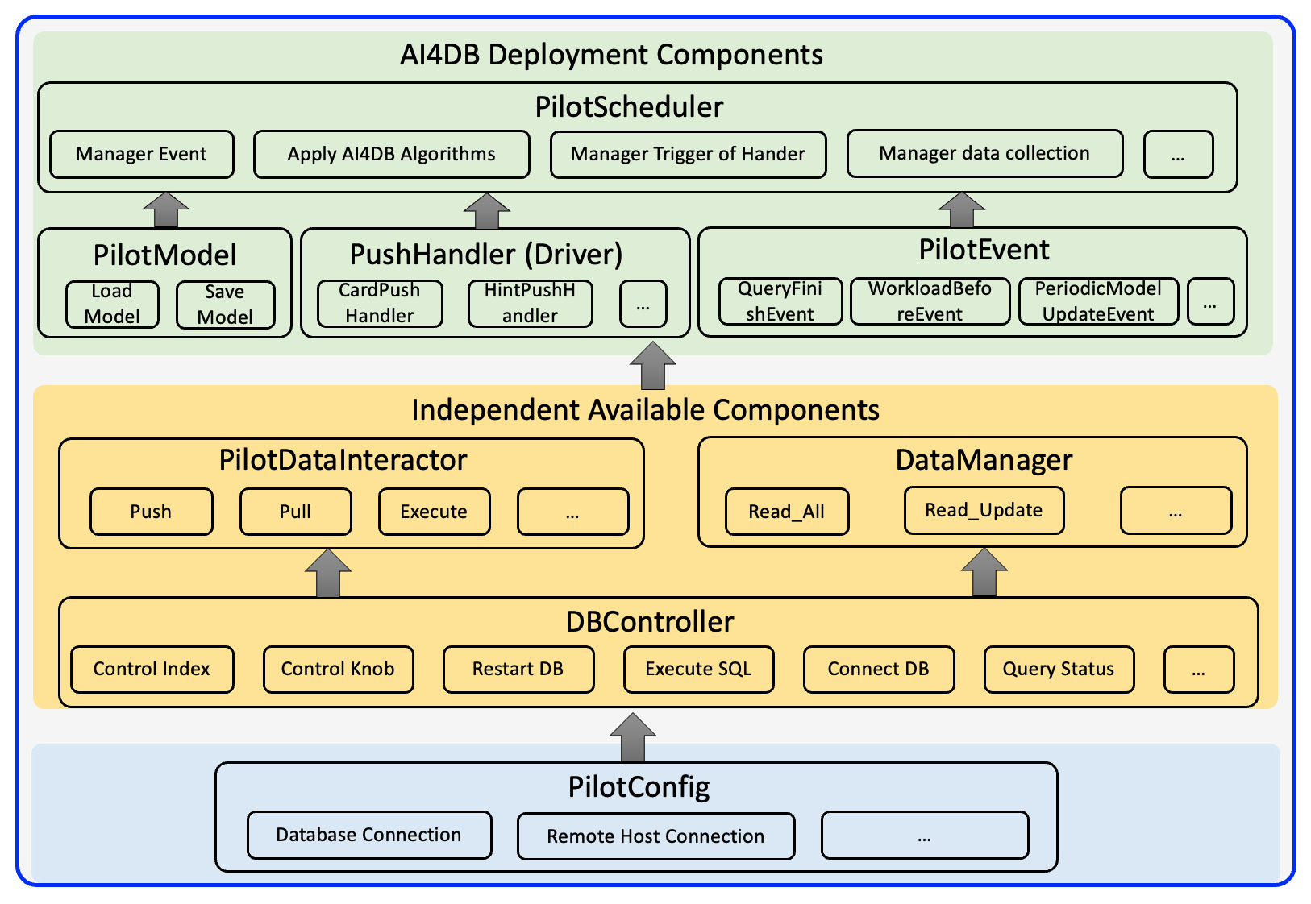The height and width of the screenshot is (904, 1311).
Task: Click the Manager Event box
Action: click(142, 154)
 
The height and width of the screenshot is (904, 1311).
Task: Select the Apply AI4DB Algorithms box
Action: click(392, 154)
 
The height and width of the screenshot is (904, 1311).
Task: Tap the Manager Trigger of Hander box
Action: click(689, 154)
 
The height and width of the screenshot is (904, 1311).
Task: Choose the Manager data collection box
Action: click(985, 153)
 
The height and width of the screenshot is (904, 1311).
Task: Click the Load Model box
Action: click(112, 304)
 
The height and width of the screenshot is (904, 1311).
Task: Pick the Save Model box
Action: click(225, 305)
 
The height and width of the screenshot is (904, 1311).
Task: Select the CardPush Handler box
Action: click(380, 304)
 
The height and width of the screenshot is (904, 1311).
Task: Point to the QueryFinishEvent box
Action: click(780, 301)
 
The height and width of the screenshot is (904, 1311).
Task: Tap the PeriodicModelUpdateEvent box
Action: click(1099, 301)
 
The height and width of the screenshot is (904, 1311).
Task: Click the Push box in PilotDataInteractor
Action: click(152, 512)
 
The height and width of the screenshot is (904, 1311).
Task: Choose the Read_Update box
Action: click(984, 511)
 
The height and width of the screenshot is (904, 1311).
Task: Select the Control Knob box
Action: click(339, 669)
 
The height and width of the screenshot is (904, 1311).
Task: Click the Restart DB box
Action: click(518, 669)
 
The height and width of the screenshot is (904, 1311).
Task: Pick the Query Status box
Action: click(1059, 669)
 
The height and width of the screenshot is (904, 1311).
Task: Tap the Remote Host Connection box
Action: click(656, 836)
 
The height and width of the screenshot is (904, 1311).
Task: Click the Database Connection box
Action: click(369, 835)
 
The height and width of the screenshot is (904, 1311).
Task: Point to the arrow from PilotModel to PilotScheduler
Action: click(166, 210)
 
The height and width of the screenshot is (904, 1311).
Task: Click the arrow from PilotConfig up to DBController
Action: click(633, 737)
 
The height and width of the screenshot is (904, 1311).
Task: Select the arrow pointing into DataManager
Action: click(984, 573)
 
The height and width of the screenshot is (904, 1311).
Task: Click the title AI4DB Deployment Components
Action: click(612, 55)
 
